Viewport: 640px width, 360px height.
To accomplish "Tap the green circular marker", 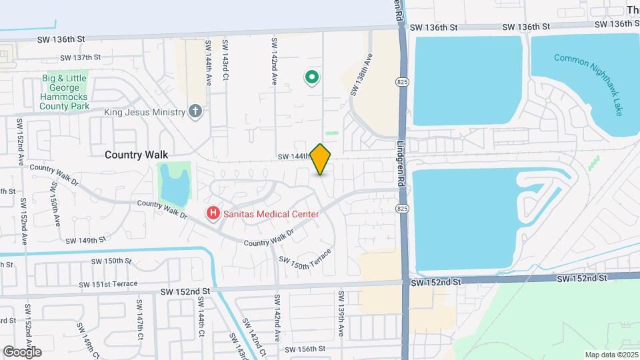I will pyautogui.click(x=311, y=78).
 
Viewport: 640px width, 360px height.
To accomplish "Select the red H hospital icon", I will pyautogui.click(x=213, y=214).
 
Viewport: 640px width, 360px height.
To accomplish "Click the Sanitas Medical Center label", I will pyautogui.click(x=271, y=214).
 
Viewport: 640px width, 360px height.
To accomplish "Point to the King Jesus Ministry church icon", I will pyautogui.click(x=195, y=111).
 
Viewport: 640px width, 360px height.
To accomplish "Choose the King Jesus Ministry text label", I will pyautogui.click(x=143, y=112).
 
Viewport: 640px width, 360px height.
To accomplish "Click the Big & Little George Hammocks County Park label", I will pyautogui.click(x=65, y=92).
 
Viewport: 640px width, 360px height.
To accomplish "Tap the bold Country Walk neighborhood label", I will pyautogui.click(x=136, y=155).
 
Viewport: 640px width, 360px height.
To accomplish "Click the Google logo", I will pyautogui.click(x=22, y=351).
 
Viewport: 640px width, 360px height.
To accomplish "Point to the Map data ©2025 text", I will pyautogui.click(x=611, y=355).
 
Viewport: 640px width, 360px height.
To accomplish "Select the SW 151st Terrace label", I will pyautogui.click(x=108, y=284).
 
